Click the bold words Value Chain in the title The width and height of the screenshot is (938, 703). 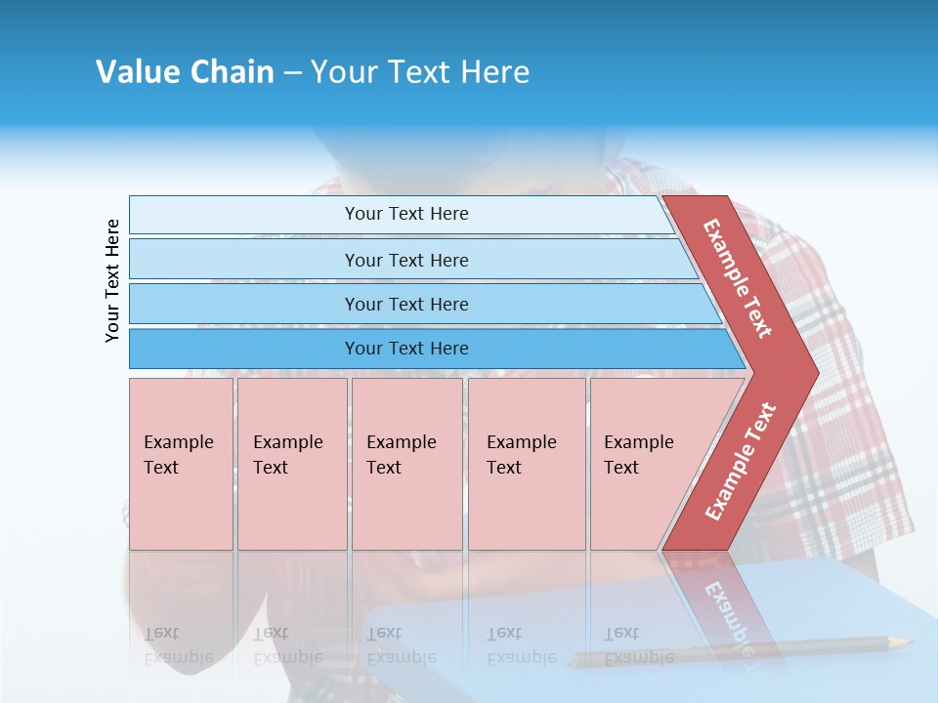(x=185, y=72)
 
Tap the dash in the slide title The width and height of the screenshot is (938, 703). (x=292, y=72)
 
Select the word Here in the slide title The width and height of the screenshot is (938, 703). (x=494, y=72)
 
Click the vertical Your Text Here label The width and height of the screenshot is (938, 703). (x=112, y=280)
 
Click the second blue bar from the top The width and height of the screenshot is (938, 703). (x=406, y=260)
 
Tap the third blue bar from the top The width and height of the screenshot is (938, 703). (x=406, y=305)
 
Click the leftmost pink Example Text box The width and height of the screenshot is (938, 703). (x=181, y=464)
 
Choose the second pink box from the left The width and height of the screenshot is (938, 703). (x=292, y=464)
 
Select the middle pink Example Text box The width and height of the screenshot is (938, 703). (x=406, y=464)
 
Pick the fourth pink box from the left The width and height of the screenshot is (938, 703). (x=527, y=464)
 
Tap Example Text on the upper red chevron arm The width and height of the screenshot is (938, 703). (x=738, y=278)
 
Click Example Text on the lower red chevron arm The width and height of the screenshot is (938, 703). (x=742, y=461)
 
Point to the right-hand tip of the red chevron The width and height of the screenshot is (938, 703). (x=816, y=372)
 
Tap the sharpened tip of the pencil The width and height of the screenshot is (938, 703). (x=909, y=641)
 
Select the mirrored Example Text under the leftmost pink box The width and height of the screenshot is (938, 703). (x=178, y=645)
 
